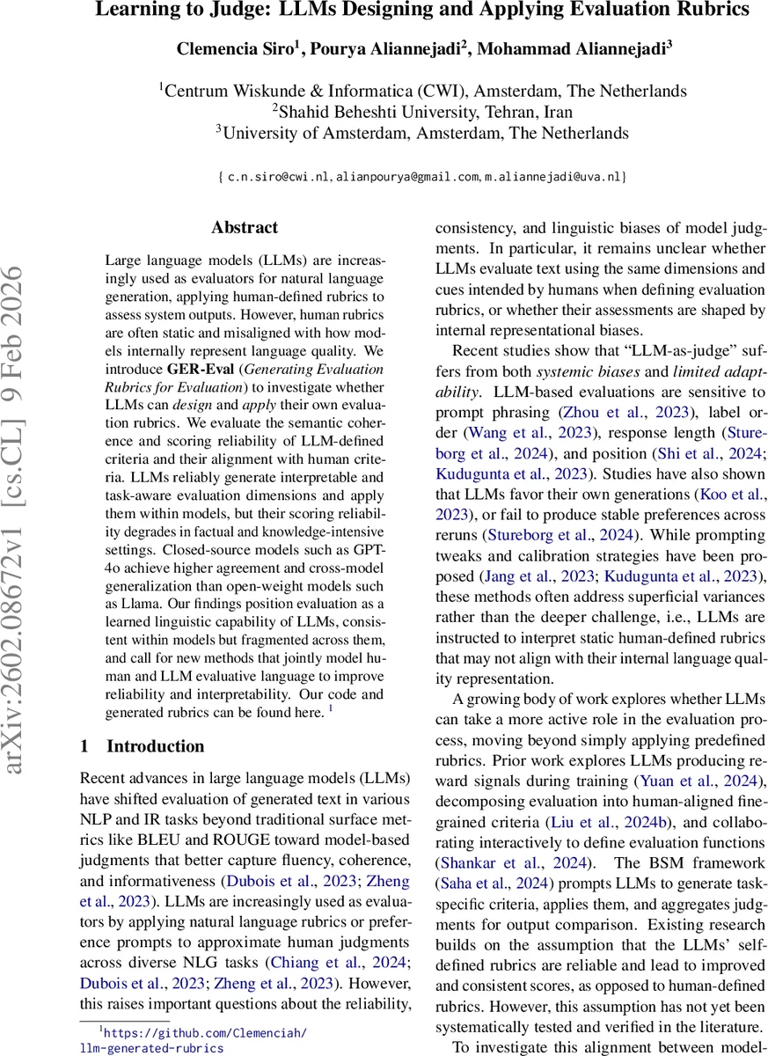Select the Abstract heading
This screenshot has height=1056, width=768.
[245, 227]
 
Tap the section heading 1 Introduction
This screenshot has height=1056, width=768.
[143, 746]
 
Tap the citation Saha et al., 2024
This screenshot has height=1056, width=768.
[488, 884]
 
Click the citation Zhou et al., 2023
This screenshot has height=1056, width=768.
[625, 411]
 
